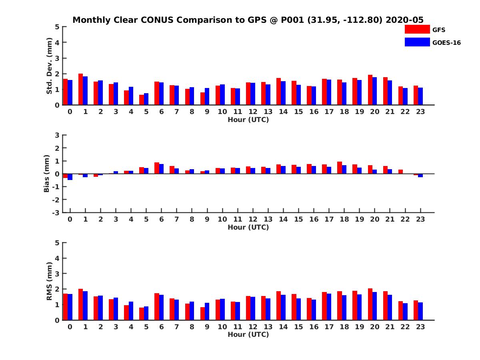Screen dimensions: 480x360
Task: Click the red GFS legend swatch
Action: click(x=417, y=29)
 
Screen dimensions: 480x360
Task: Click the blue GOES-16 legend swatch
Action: click(x=417, y=42)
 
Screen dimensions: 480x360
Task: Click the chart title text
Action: click(x=248, y=20)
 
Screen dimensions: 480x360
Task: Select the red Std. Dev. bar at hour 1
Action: click(x=80, y=89)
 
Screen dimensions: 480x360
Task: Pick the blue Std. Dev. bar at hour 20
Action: click(x=374, y=91)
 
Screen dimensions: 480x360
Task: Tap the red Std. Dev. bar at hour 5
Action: click(x=142, y=100)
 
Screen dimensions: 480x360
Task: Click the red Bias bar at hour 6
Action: click(x=156, y=168)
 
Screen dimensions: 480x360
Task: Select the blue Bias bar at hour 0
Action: click(x=70, y=177)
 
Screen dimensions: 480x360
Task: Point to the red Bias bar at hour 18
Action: click(x=339, y=168)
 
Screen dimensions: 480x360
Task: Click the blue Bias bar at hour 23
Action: click(x=420, y=176)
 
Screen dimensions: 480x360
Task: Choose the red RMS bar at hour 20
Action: click(x=370, y=304)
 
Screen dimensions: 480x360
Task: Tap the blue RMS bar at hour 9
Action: click(x=207, y=312)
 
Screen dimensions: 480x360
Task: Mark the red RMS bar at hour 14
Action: click(x=278, y=306)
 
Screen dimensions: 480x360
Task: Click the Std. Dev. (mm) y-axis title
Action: click(x=49, y=66)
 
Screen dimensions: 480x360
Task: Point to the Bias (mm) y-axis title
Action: click(x=46, y=174)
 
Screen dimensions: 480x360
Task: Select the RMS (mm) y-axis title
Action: click(x=49, y=281)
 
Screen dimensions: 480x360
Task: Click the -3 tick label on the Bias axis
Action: click(x=56, y=213)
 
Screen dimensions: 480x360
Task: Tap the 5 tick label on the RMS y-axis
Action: click(x=57, y=243)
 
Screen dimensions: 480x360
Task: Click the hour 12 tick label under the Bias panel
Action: click(x=253, y=219)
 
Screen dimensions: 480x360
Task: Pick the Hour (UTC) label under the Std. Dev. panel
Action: click(x=248, y=120)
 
